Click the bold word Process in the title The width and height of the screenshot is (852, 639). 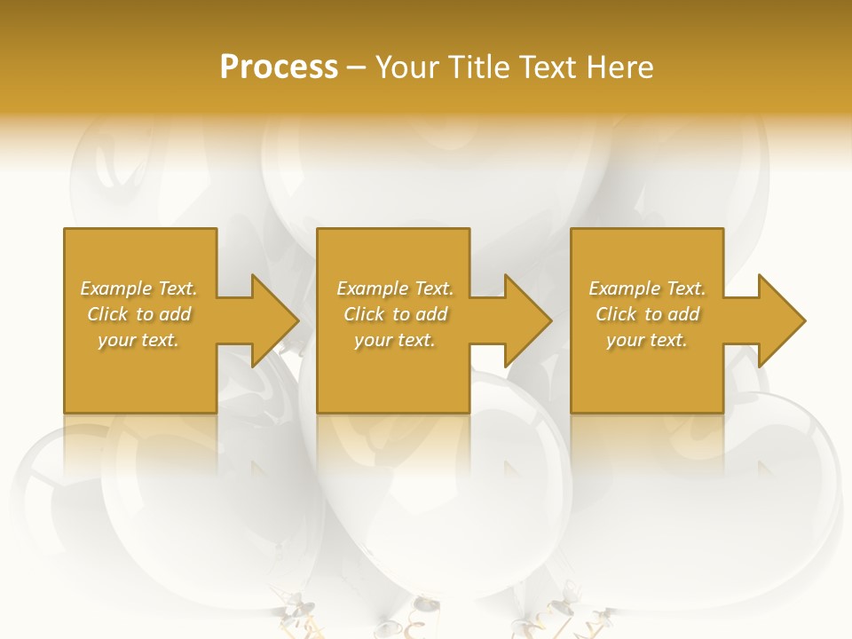tap(279, 67)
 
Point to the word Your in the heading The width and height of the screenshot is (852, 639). tap(407, 67)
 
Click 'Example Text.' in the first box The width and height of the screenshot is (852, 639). tap(138, 288)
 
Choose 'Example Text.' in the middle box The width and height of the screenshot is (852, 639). tap(395, 288)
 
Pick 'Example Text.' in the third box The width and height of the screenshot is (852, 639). tap(647, 288)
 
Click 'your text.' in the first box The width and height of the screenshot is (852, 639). tap(138, 340)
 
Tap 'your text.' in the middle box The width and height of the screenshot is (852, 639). tap(395, 340)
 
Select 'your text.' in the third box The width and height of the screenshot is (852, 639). tap(647, 340)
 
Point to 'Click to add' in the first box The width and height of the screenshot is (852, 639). tap(138, 314)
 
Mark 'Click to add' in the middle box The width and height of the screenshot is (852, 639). tap(395, 314)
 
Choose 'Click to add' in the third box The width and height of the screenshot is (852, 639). tap(647, 314)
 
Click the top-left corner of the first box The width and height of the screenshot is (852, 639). tap(65, 230)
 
